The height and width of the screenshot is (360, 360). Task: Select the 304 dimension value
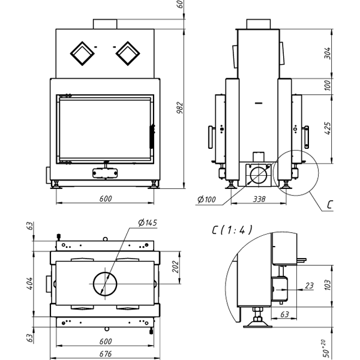click(328, 53)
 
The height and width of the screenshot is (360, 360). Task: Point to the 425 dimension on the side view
click(328, 128)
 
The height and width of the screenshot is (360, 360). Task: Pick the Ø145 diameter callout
click(146, 223)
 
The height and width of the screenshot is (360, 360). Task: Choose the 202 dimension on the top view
click(175, 266)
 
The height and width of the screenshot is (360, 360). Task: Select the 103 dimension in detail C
click(328, 283)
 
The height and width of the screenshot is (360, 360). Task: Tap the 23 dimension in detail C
click(309, 286)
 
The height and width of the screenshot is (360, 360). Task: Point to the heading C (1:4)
click(232, 229)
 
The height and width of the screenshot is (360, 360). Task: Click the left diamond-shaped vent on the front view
click(80, 53)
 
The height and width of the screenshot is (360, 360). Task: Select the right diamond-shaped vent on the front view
click(127, 53)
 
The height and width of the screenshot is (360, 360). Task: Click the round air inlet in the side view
click(258, 175)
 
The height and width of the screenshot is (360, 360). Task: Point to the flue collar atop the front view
click(105, 23)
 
